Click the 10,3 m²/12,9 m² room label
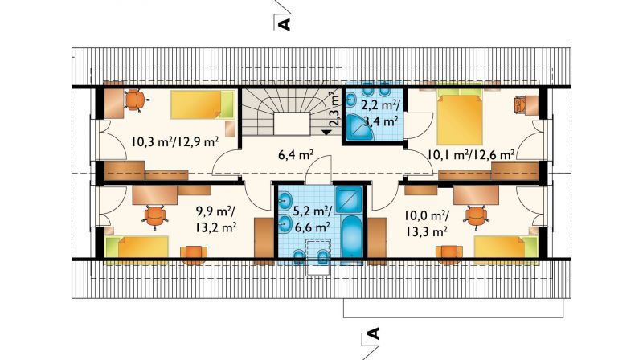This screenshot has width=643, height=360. (174, 142)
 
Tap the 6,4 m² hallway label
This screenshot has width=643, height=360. (295, 154)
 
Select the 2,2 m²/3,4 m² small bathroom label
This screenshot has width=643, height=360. (380, 112)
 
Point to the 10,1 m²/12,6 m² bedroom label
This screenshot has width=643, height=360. (471, 155)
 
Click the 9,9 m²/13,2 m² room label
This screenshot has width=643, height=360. (216, 219)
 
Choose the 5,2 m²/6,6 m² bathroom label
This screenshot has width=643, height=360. (313, 219)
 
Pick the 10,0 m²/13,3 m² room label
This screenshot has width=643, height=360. (427, 223)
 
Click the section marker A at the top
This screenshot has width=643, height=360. (285, 24)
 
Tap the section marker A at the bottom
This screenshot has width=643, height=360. (373, 333)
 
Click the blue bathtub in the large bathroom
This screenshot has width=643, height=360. (351, 237)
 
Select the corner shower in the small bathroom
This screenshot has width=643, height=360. (358, 128)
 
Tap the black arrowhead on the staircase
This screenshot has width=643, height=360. (326, 132)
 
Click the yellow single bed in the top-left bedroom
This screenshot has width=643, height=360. (203, 105)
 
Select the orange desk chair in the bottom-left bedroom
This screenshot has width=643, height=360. (155, 216)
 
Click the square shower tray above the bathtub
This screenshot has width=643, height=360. (349, 199)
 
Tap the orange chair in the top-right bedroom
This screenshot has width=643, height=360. (519, 104)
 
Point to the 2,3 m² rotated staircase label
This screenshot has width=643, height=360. (335, 108)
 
